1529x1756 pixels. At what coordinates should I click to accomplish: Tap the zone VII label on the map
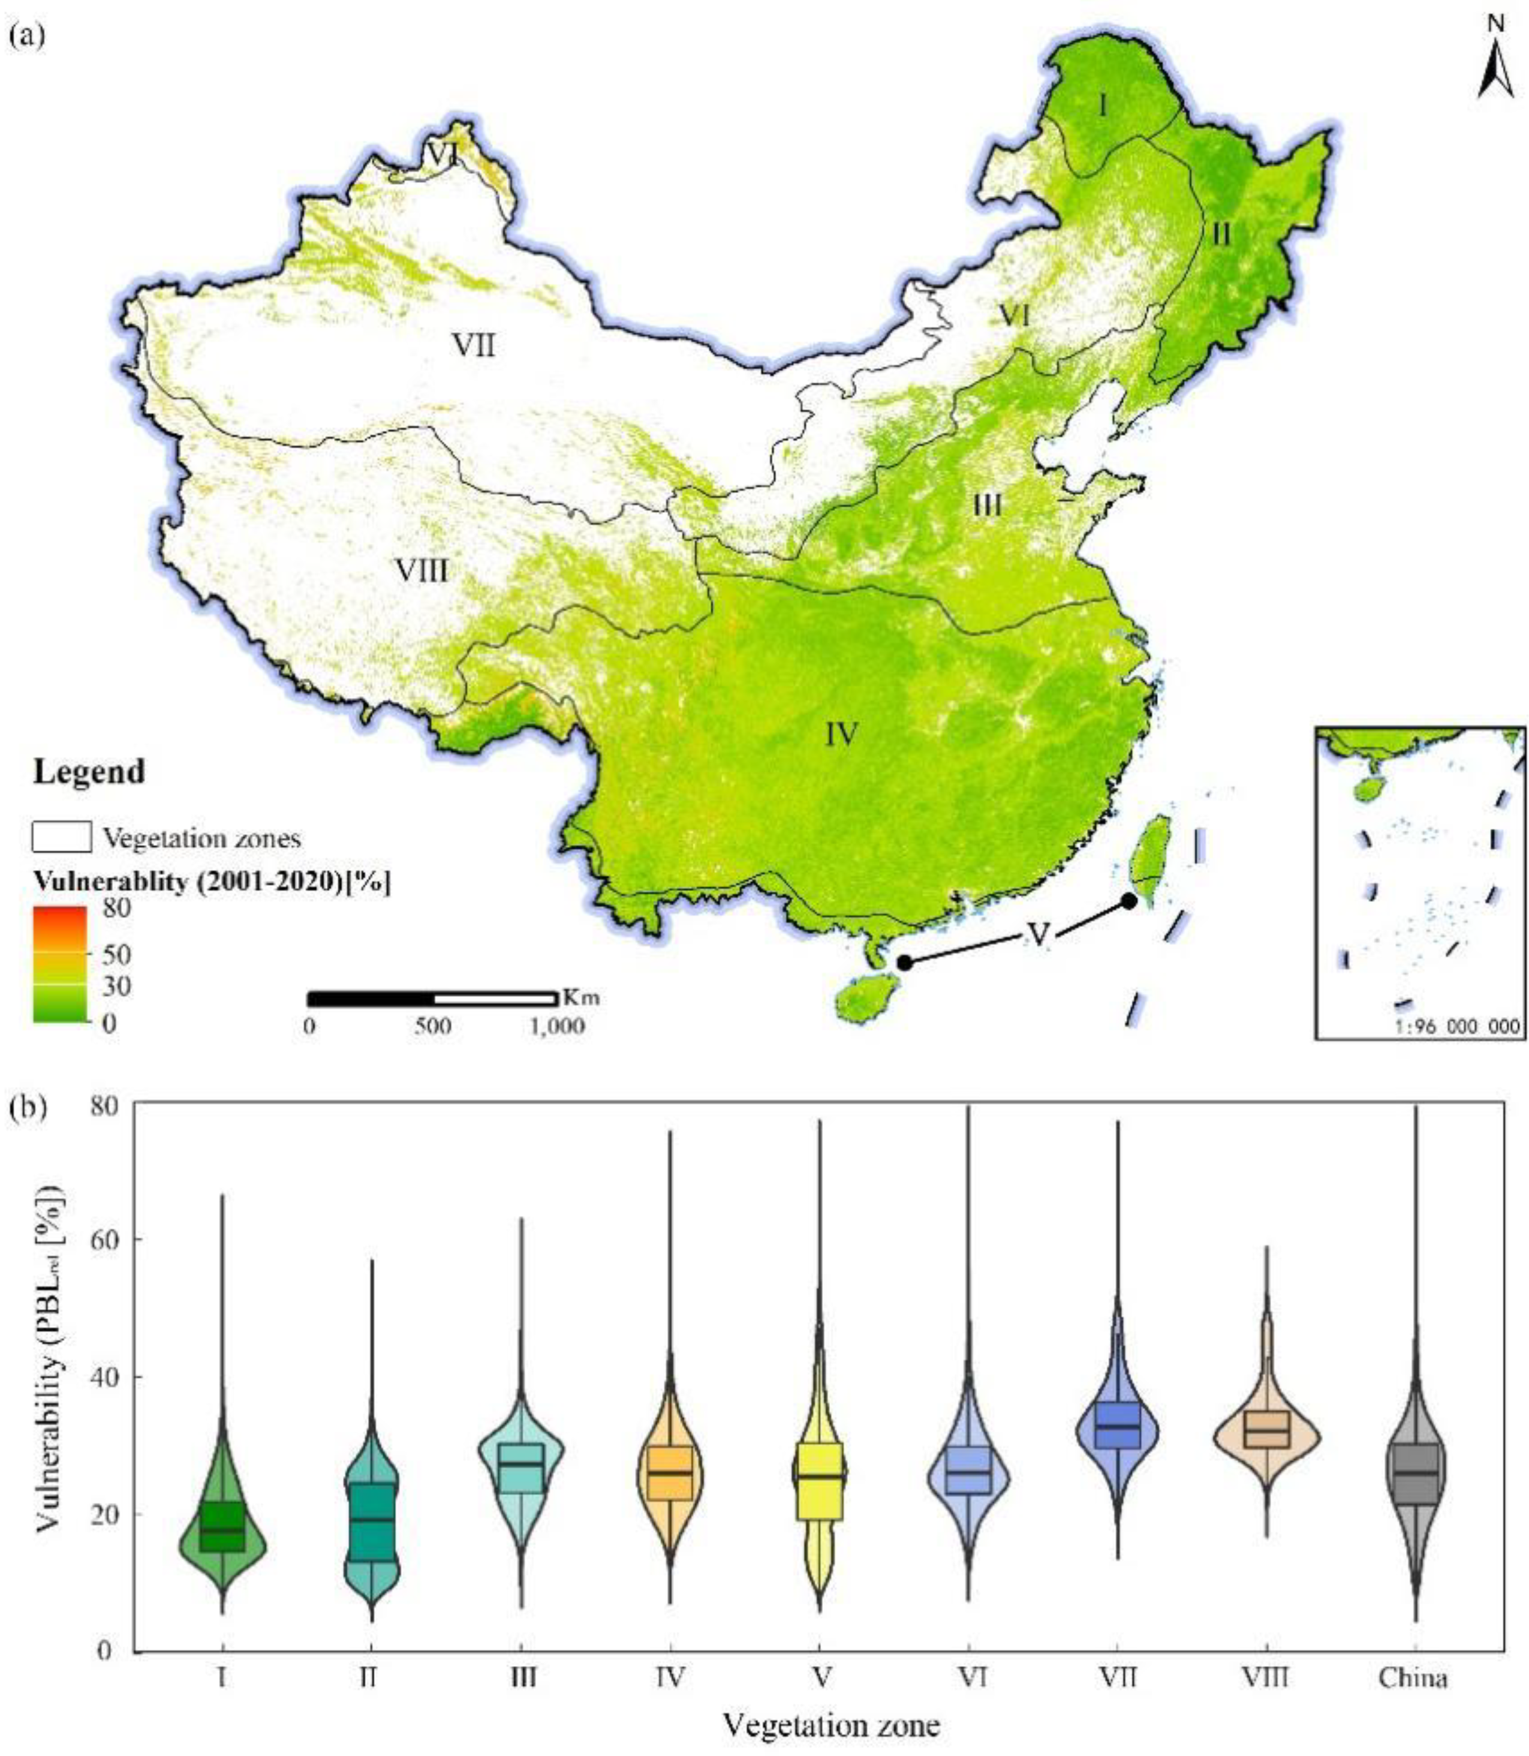tap(474, 347)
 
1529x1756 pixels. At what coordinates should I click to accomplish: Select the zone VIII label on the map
tap(422, 570)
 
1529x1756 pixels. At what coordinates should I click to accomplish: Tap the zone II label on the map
tap(1222, 233)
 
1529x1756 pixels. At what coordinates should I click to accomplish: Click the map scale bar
tap(432, 999)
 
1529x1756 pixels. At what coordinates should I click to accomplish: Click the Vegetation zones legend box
tap(61, 838)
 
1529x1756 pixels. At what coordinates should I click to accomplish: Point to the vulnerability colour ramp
tap(60, 964)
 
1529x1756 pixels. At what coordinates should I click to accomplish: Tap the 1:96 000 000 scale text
tap(1457, 1027)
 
